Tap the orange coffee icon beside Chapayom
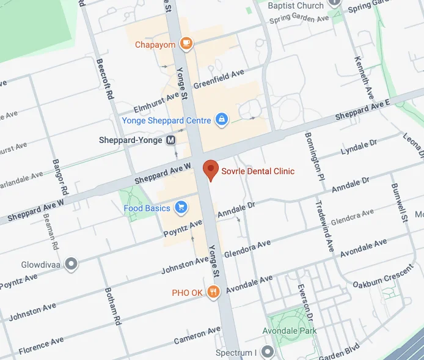point(186,44)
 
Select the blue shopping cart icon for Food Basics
point(181,208)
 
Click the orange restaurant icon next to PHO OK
point(213,292)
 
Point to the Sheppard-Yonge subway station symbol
point(171,140)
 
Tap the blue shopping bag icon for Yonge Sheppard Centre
point(222,120)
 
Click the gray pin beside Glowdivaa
point(71,263)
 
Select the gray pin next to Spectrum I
point(267,352)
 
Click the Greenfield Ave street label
point(219,79)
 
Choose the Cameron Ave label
point(197,334)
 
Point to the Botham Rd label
point(112,306)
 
